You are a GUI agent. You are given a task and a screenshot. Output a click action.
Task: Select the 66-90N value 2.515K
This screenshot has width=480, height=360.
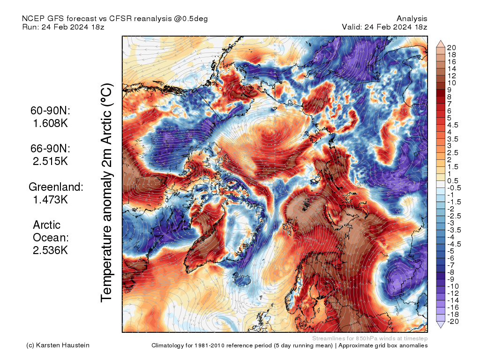[51, 161]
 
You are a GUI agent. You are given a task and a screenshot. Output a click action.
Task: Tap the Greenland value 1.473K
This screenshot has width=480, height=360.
[51, 199]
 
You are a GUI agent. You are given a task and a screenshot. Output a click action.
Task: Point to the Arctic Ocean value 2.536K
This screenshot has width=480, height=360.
[51, 250]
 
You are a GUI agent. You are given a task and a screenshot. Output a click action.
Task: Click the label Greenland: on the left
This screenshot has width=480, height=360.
[56, 187]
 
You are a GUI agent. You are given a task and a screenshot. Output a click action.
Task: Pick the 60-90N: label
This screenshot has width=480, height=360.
[50, 111]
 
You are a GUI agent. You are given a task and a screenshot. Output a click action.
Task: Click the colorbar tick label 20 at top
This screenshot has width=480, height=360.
[451, 47]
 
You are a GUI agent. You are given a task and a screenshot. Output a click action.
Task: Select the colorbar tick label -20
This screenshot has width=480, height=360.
[453, 321]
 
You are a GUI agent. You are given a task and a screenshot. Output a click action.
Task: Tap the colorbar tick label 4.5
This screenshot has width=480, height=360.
[453, 125]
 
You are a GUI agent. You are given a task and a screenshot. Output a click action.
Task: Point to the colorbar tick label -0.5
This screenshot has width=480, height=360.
[454, 188]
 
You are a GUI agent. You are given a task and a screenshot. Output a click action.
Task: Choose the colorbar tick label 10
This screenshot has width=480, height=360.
[451, 82]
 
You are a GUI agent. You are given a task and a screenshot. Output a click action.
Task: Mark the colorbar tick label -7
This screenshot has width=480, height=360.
[451, 265]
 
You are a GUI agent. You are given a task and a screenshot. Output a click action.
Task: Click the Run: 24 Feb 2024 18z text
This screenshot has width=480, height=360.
[63, 27]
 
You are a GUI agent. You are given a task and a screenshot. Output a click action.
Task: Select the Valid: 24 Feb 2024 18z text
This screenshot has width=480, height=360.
[384, 27]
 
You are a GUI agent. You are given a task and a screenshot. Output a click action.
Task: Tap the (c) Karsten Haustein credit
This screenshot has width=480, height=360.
[58, 345]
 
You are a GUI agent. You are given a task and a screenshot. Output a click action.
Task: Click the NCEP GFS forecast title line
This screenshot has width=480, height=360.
[115, 18]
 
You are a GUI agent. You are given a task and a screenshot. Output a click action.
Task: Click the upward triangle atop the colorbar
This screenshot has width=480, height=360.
[441, 44]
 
